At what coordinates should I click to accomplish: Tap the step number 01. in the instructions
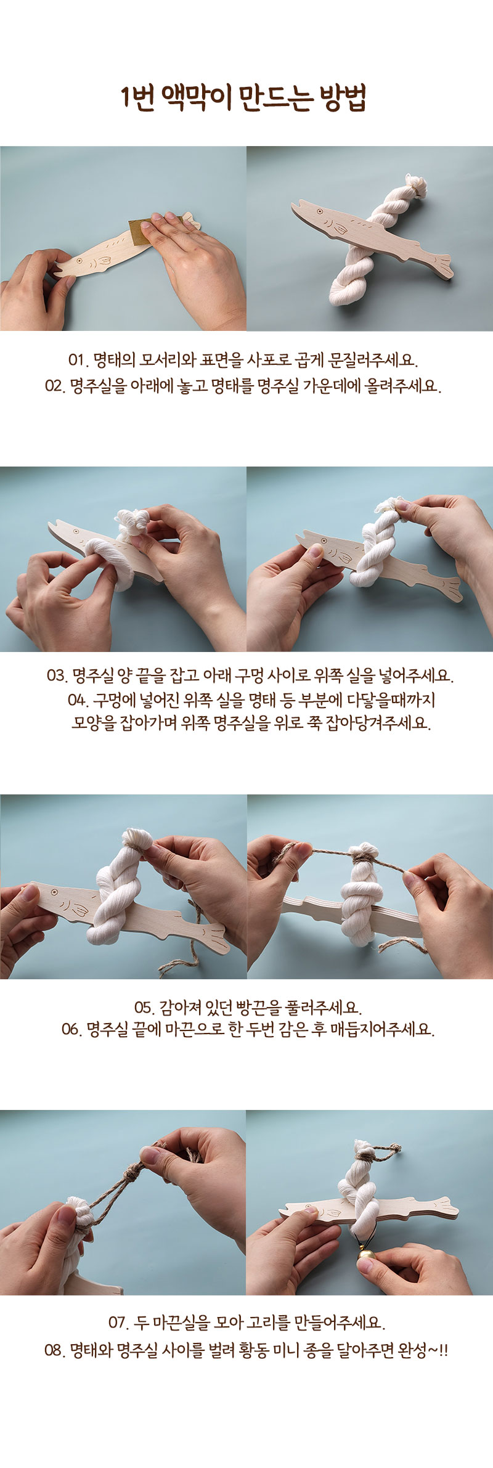pos(78,360)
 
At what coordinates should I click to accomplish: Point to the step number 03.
pos(57,675)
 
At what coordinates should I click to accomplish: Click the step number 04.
pos(78,700)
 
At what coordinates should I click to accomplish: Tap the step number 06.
pos(72,1029)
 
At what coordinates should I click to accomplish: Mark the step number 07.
pos(119,1323)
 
